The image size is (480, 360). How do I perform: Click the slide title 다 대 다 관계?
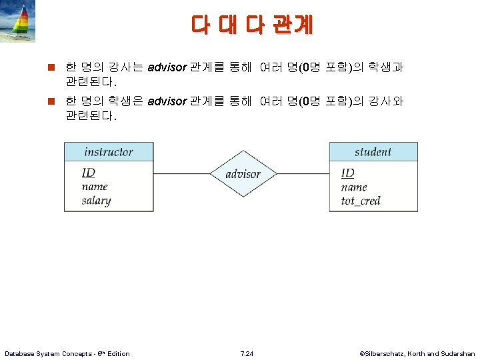click(x=251, y=25)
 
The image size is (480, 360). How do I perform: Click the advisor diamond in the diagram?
click(x=243, y=174)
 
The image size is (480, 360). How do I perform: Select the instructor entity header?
click(x=109, y=152)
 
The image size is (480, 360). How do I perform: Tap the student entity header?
click(x=373, y=152)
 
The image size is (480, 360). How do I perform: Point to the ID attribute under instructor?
click(x=89, y=173)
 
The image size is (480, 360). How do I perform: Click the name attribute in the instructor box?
click(x=95, y=187)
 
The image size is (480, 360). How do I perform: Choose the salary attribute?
click(x=97, y=201)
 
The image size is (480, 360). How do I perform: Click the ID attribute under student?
click(x=348, y=173)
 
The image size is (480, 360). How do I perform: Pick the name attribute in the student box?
click(x=354, y=187)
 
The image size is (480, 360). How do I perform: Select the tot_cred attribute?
click(x=361, y=201)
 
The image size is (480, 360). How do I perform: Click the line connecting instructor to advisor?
click(x=181, y=174)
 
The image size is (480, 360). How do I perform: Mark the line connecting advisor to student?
click(x=303, y=174)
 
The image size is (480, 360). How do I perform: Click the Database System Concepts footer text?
click(x=67, y=353)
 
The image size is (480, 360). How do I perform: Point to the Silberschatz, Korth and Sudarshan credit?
click(x=417, y=353)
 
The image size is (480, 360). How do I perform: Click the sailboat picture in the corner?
click(x=18, y=21)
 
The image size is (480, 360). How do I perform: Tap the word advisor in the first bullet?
click(x=167, y=67)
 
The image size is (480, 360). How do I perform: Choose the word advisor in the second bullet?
click(x=167, y=101)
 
